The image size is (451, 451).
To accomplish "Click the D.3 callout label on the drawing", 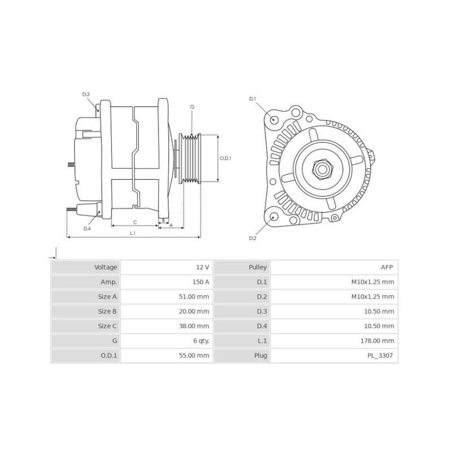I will pyautogui.click(x=86, y=94).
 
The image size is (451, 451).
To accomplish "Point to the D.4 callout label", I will pyautogui.click(x=87, y=228).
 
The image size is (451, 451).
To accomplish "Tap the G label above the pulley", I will pyautogui.click(x=192, y=107).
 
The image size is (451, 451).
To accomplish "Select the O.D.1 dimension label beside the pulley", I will pyautogui.click(x=225, y=158).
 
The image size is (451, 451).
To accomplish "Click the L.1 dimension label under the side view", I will pyautogui.click(x=132, y=232).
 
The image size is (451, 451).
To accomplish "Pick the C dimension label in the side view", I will pyautogui.click(x=135, y=222).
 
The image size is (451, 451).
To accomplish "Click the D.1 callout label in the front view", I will pyautogui.click(x=253, y=99).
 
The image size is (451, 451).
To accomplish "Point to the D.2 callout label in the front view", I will pyautogui.click(x=253, y=238).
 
